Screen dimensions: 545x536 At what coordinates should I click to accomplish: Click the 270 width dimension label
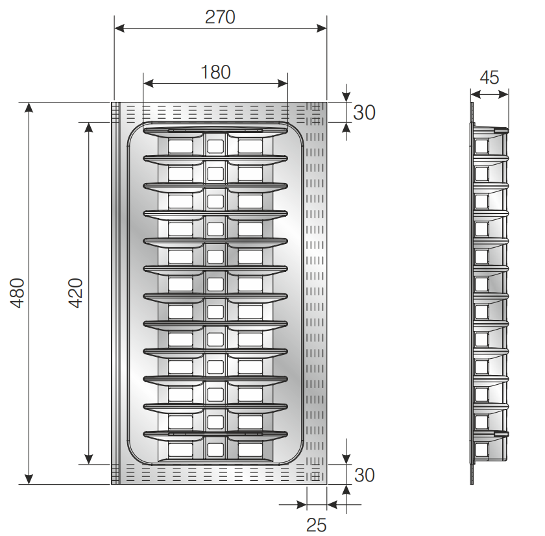coord(220,17)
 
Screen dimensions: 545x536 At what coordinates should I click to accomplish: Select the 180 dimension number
coord(215,72)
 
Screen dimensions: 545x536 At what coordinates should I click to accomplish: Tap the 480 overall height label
coord(17,293)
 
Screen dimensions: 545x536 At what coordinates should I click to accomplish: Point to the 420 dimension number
coord(75,293)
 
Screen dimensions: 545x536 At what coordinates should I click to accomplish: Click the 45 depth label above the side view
coord(489,77)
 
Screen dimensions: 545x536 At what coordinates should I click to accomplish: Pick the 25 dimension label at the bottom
coord(317,525)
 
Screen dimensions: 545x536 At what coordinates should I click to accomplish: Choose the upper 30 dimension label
coord(364,113)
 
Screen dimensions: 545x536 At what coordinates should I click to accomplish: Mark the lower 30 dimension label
coord(364,475)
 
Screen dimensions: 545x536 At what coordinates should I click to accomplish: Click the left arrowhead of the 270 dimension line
coord(119,28)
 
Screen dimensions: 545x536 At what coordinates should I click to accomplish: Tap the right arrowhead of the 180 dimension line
coord(283,84)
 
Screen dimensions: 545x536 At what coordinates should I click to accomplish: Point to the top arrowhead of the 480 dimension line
coord(29,108)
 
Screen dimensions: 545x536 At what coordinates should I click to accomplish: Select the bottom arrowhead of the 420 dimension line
coord(89,459)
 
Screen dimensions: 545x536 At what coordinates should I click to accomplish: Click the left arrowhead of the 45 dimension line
coord(476,94)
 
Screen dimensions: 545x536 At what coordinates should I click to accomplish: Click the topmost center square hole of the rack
coord(215,147)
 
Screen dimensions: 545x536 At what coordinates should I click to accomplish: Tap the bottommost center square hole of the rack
coord(215,450)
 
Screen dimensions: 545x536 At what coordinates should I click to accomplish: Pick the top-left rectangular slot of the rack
coord(180,147)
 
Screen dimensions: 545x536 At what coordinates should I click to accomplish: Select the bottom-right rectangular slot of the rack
coord(250,450)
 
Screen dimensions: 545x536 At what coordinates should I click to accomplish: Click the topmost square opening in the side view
coord(481,147)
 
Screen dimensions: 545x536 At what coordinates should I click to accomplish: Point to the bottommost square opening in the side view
coord(481,450)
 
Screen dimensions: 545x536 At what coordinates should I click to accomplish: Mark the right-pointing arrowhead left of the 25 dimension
coord(302,504)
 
